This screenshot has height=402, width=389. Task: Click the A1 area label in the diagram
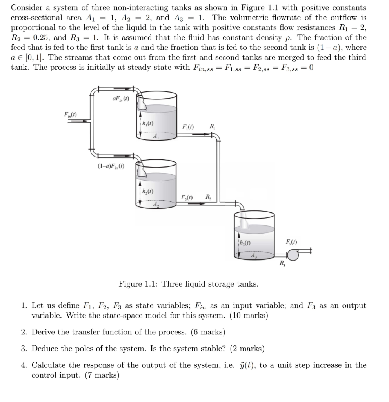[x=156, y=137]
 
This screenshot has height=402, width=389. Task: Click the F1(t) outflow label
[x=189, y=127]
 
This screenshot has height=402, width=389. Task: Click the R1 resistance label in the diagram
[x=212, y=126]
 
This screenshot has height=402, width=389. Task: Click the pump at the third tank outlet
[x=293, y=255]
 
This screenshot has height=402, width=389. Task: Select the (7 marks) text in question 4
[x=102, y=375]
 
